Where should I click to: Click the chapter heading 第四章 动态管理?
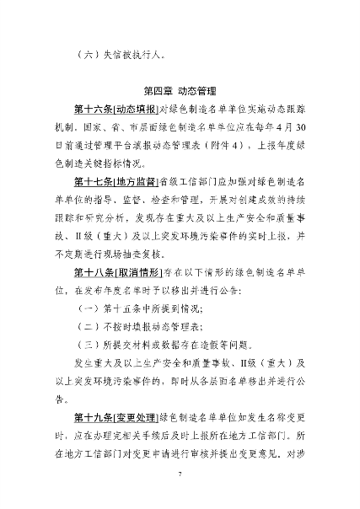click(x=180, y=90)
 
